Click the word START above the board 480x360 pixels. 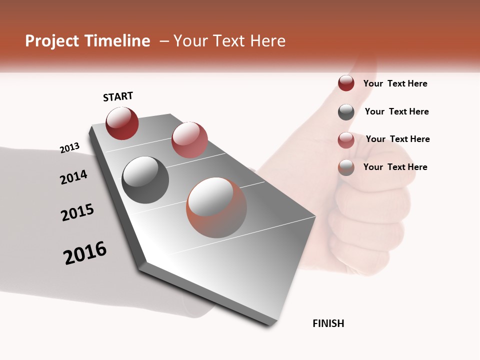pyautogui.click(x=118, y=96)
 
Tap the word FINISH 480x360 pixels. pyautogui.click(x=328, y=323)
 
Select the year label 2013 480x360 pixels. pyautogui.click(x=70, y=148)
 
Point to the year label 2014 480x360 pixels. pyautogui.click(x=74, y=177)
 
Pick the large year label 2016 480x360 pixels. pyautogui.click(x=85, y=252)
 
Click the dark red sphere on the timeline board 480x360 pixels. pyautogui.click(x=122, y=123)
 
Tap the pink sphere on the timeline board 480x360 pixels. pyautogui.click(x=189, y=140)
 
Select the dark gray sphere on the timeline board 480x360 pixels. pyautogui.click(x=145, y=180)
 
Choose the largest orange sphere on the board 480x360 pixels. pyautogui.click(x=216, y=207)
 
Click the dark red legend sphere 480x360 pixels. pyautogui.click(x=346, y=83)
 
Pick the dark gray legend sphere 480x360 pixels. pyautogui.click(x=346, y=112)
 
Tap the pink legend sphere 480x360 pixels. pyautogui.click(x=346, y=140)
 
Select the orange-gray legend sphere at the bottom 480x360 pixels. pyautogui.click(x=346, y=167)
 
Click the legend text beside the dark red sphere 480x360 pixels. pyautogui.click(x=395, y=83)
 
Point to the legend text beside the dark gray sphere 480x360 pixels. pyautogui.click(x=396, y=111)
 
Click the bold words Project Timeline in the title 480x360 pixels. pyautogui.click(x=87, y=41)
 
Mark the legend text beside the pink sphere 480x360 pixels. pyautogui.click(x=397, y=139)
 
